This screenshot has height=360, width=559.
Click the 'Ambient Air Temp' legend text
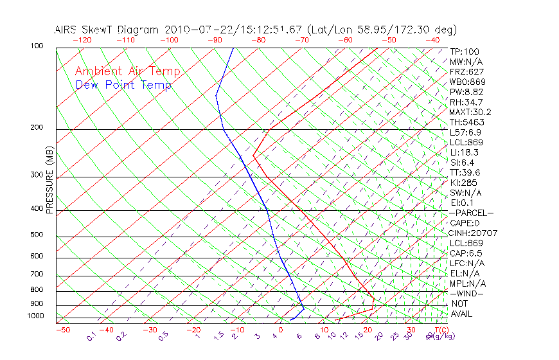(127, 71)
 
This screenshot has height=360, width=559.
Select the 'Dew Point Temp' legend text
(123, 85)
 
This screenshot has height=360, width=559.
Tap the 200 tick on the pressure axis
(37, 127)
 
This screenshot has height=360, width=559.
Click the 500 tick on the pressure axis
(37, 235)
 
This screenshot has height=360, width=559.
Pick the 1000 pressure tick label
(35, 316)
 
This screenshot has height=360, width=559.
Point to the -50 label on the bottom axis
(62, 330)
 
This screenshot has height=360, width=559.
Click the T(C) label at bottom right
(439, 330)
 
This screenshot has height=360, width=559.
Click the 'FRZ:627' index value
(467, 71)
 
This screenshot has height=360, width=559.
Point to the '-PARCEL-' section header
(471, 213)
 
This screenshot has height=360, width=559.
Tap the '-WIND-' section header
(467, 293)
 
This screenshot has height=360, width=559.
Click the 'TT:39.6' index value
(465, 172)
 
